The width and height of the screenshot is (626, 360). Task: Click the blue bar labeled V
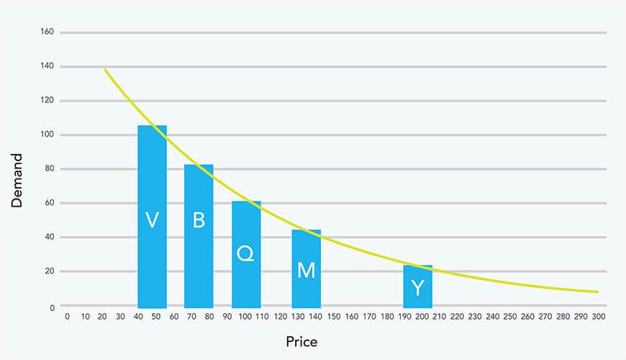pyautogui.click(x=152, y=216)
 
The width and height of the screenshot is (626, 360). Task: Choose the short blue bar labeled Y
pyautogui.click(x=417, y=287)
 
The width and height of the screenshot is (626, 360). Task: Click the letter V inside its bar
pyautogui.click(x=152, y=220)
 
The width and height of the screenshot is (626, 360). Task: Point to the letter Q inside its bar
pyautogui.click(x=245, y=253)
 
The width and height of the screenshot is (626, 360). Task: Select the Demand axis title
pyautogui.click(x=18, y=180)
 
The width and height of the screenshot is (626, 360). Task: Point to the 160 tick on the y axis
pyautogui.click(x=47, y=32)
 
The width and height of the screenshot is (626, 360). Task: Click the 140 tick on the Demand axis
pyautogui.click(x=47, y=67)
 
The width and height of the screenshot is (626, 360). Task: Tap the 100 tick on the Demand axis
pyautogui.click(x=47, y=135)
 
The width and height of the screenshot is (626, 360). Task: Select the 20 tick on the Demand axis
pyautogui.click(x=50, y=271)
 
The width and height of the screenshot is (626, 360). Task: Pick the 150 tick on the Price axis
pyautogui.click(x=333, y=316)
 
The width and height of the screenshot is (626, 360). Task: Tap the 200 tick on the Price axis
pyautogui.click(x=422, y=316)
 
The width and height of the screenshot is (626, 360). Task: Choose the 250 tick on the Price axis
pyautogui.click(x=510, y=316)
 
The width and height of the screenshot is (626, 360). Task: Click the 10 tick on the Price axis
pyautogui.click(x=85, y=316)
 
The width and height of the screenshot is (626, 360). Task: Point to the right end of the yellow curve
pyautogui.click(x=598, y=292)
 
